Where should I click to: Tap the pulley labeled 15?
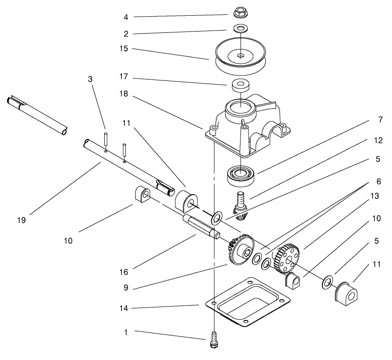(241, 57)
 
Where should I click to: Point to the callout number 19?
(22, 220)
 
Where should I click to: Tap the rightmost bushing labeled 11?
(347, 293)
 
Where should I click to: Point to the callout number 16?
(123, 271)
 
